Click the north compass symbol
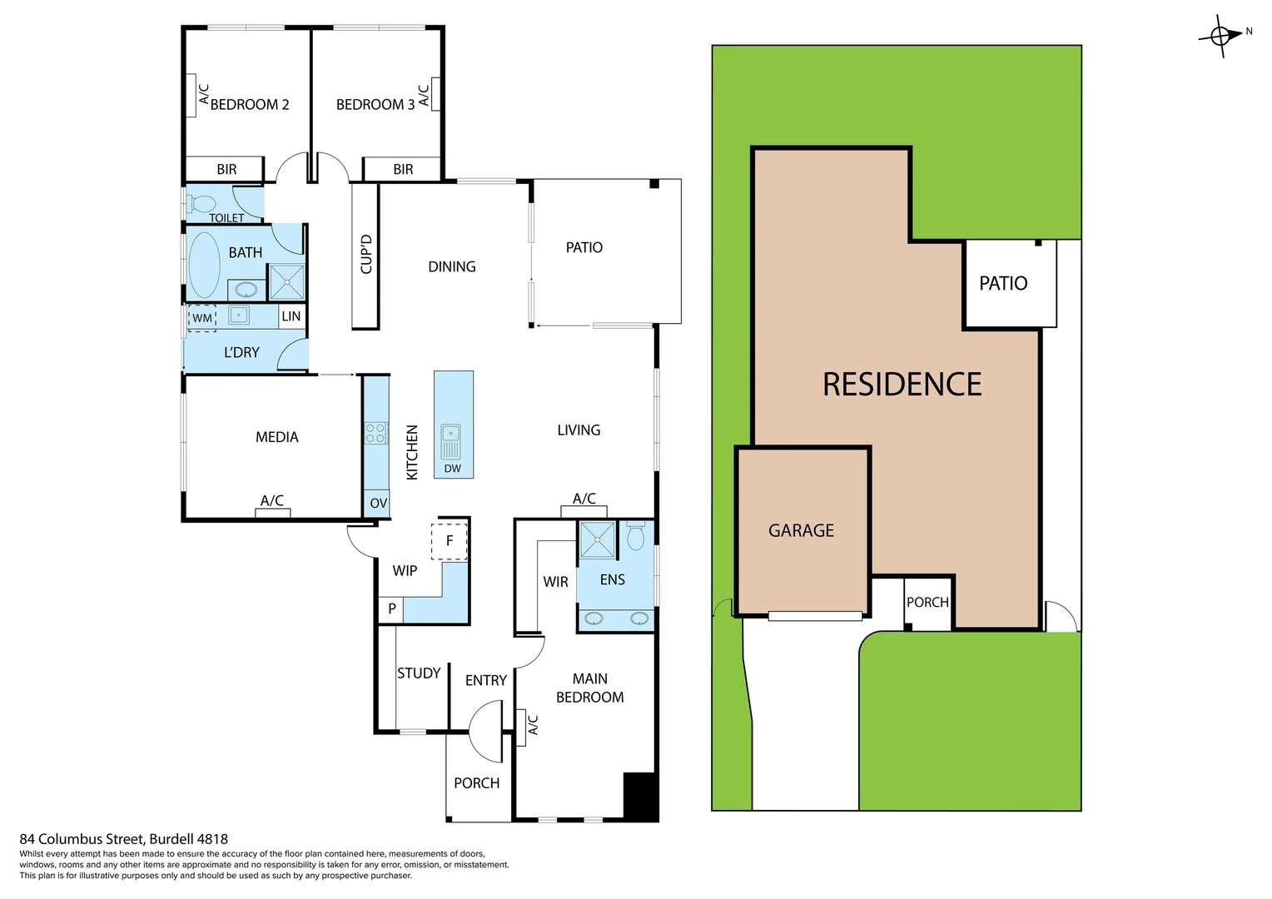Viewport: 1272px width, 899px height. [x=1221, y=36]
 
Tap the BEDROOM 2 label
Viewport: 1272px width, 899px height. [x=249, y=105]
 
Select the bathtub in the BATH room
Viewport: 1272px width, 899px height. [x=204, y=265]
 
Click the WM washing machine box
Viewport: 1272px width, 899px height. [x=202, y=318]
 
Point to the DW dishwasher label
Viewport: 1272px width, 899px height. [x=453, y=469]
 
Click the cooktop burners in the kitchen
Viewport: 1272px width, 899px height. [x=376, y=433]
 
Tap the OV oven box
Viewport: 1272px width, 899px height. [x=378, y=503]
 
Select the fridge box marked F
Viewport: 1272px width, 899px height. [x=450, y=541]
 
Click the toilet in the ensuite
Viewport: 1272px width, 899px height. [x=636, y=537]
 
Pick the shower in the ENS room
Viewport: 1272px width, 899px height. [x=597, y=539]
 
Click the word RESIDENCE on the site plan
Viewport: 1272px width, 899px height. [x=902, y=385]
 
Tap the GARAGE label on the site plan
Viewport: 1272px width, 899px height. [x=801, y=530]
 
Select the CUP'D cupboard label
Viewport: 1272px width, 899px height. [x=366, y=255]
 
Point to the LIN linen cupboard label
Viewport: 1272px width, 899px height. [x=291, y=316]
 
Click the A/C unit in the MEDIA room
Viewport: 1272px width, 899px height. [x=272, y=512]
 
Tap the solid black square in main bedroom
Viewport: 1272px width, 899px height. [x=640, y=796]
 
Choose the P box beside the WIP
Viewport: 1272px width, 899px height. [x=391, y=609]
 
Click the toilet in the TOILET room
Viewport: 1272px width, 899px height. [x=202, y=204]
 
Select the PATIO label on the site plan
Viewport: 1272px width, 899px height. [x=1003, y=284]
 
